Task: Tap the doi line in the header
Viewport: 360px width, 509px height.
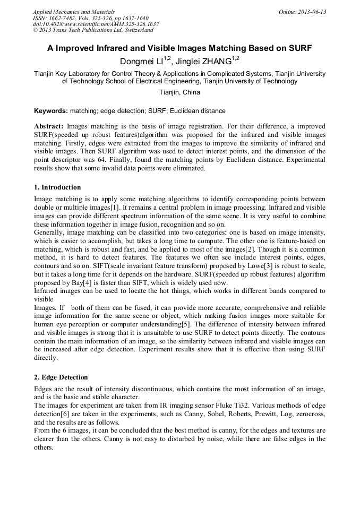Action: [x=96, y=24]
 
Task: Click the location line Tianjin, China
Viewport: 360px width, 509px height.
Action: [x=179, y=92]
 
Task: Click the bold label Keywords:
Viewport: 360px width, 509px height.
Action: [x=50, y=111]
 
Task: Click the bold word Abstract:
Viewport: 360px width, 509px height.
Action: [x=49, y=126]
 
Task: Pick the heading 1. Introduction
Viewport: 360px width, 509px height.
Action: [x=57, y=187]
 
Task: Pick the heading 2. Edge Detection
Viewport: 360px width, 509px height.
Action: [x=61, y=377]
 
